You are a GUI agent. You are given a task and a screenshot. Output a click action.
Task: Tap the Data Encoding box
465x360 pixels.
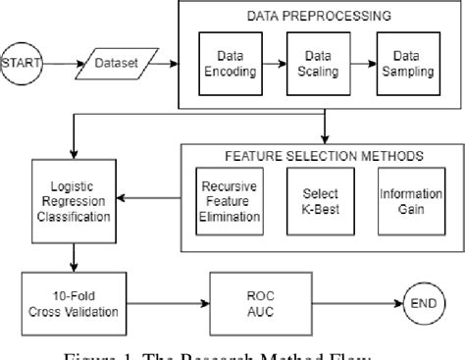[232, 65]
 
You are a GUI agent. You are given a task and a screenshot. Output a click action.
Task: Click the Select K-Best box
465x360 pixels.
[314, 200]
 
